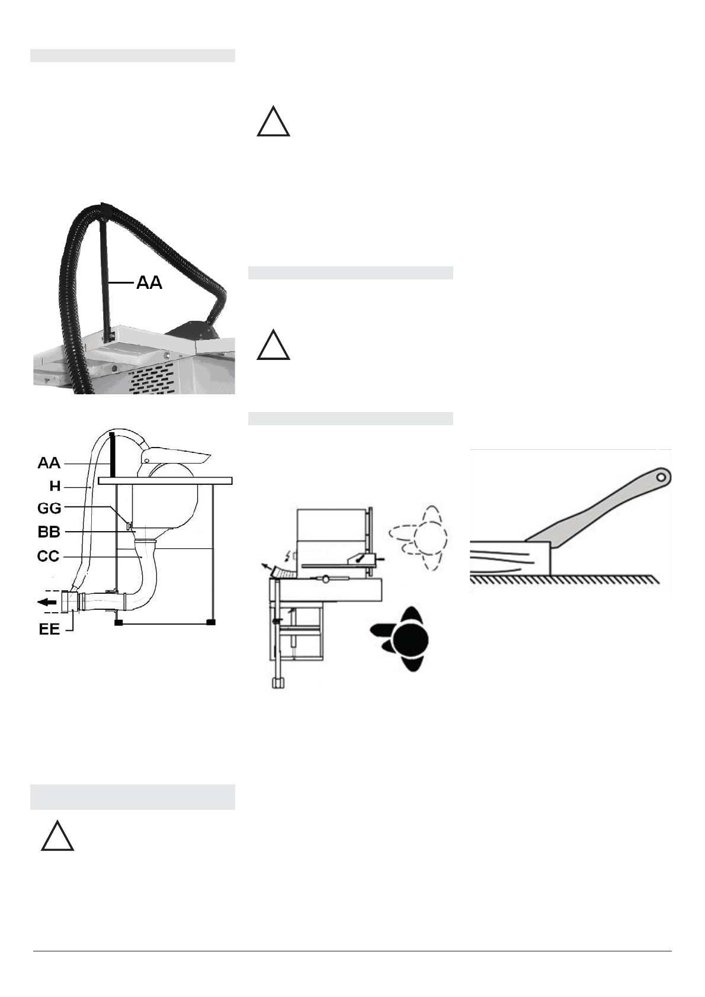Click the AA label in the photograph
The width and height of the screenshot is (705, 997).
tap(149, 282)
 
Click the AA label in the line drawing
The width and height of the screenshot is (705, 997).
tap(49, 463)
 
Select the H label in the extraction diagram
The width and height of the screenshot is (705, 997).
tap(55, 486)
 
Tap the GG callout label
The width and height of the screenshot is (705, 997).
tap(49, 509)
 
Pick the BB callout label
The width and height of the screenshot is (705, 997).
tap(49, 532)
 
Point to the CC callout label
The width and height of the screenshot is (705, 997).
tap(48, 557)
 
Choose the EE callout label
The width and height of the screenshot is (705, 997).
tap(49, 629)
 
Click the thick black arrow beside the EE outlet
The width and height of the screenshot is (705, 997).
tap(47, 602)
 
